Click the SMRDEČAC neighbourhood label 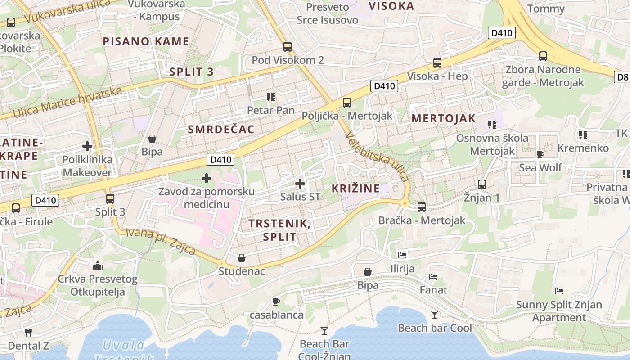coord(221,130)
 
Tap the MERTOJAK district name coord(443,118)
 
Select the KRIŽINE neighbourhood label coord(355,189)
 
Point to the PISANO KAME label coord(146,42)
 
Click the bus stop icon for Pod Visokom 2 coord(288,47)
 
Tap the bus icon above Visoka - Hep coord(437,63)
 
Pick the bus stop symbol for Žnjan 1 coord(482,184)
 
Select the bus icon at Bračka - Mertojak coord(422,207)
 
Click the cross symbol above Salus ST coord(300,184)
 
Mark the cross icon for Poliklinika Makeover coord(87,146)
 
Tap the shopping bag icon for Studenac coord(242,258)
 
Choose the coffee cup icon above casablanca coord(276,301)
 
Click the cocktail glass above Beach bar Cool coord(435,314)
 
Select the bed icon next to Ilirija coord(402,255)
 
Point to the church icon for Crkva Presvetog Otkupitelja coord(98,265)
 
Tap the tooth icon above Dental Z coord(28,333)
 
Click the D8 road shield coord(622,77)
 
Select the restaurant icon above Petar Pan coord(270,97)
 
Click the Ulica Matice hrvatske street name coord(67,102)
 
